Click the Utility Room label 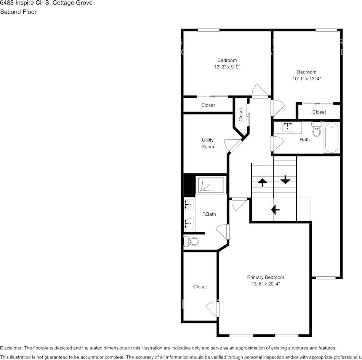[208, 143]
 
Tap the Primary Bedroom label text [265, 277]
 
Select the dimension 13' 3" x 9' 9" [227, 67]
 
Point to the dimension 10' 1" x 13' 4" [306, 79]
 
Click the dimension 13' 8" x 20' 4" [265, 284]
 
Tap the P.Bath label [209, 214]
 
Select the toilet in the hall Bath [317, 130]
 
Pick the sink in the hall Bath [287, 127]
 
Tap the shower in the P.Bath [211, 185]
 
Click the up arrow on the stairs [262, 183]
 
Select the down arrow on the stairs [285, 180]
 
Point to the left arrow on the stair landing [275, 209]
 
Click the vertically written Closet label [241, 115]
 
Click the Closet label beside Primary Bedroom [200, 287]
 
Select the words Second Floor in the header [18, 12]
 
